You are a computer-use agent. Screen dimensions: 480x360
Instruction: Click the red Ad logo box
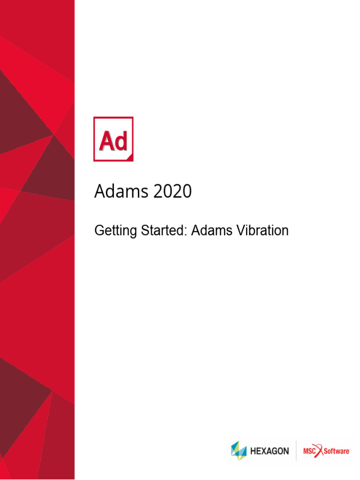click(113, 139)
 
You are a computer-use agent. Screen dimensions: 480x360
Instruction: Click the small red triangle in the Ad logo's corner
click(130, 158)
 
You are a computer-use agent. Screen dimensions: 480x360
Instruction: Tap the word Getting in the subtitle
click(111, 231)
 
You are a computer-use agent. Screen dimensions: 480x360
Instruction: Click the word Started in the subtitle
click(165, 231)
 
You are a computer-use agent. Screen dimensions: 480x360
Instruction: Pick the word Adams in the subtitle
click(210, 231)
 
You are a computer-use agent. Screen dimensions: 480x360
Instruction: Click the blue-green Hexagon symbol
click(239, 451)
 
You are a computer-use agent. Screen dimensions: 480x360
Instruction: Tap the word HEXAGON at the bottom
click(270, 451)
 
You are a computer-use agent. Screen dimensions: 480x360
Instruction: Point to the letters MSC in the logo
click(310, 451)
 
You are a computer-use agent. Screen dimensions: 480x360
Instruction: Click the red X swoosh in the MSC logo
click(320, 451)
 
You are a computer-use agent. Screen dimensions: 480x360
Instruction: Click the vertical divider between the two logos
click(296, 451)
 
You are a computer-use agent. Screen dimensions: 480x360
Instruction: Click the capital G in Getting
click(99, 231)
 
